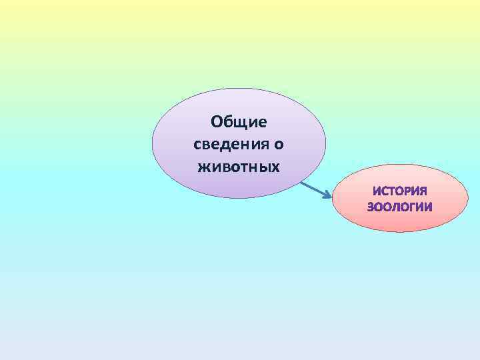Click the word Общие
click(x=239, y=122)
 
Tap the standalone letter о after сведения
click(x=280, y=144)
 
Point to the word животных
click(x=239, y=165)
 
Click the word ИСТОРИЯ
click(x=400, y=191)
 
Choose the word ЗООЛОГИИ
click(x=400, y=207)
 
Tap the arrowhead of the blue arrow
click(x=328, y=196)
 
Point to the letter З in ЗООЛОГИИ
click(x=371, y=207)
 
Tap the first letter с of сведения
click(x=195, y=144)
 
